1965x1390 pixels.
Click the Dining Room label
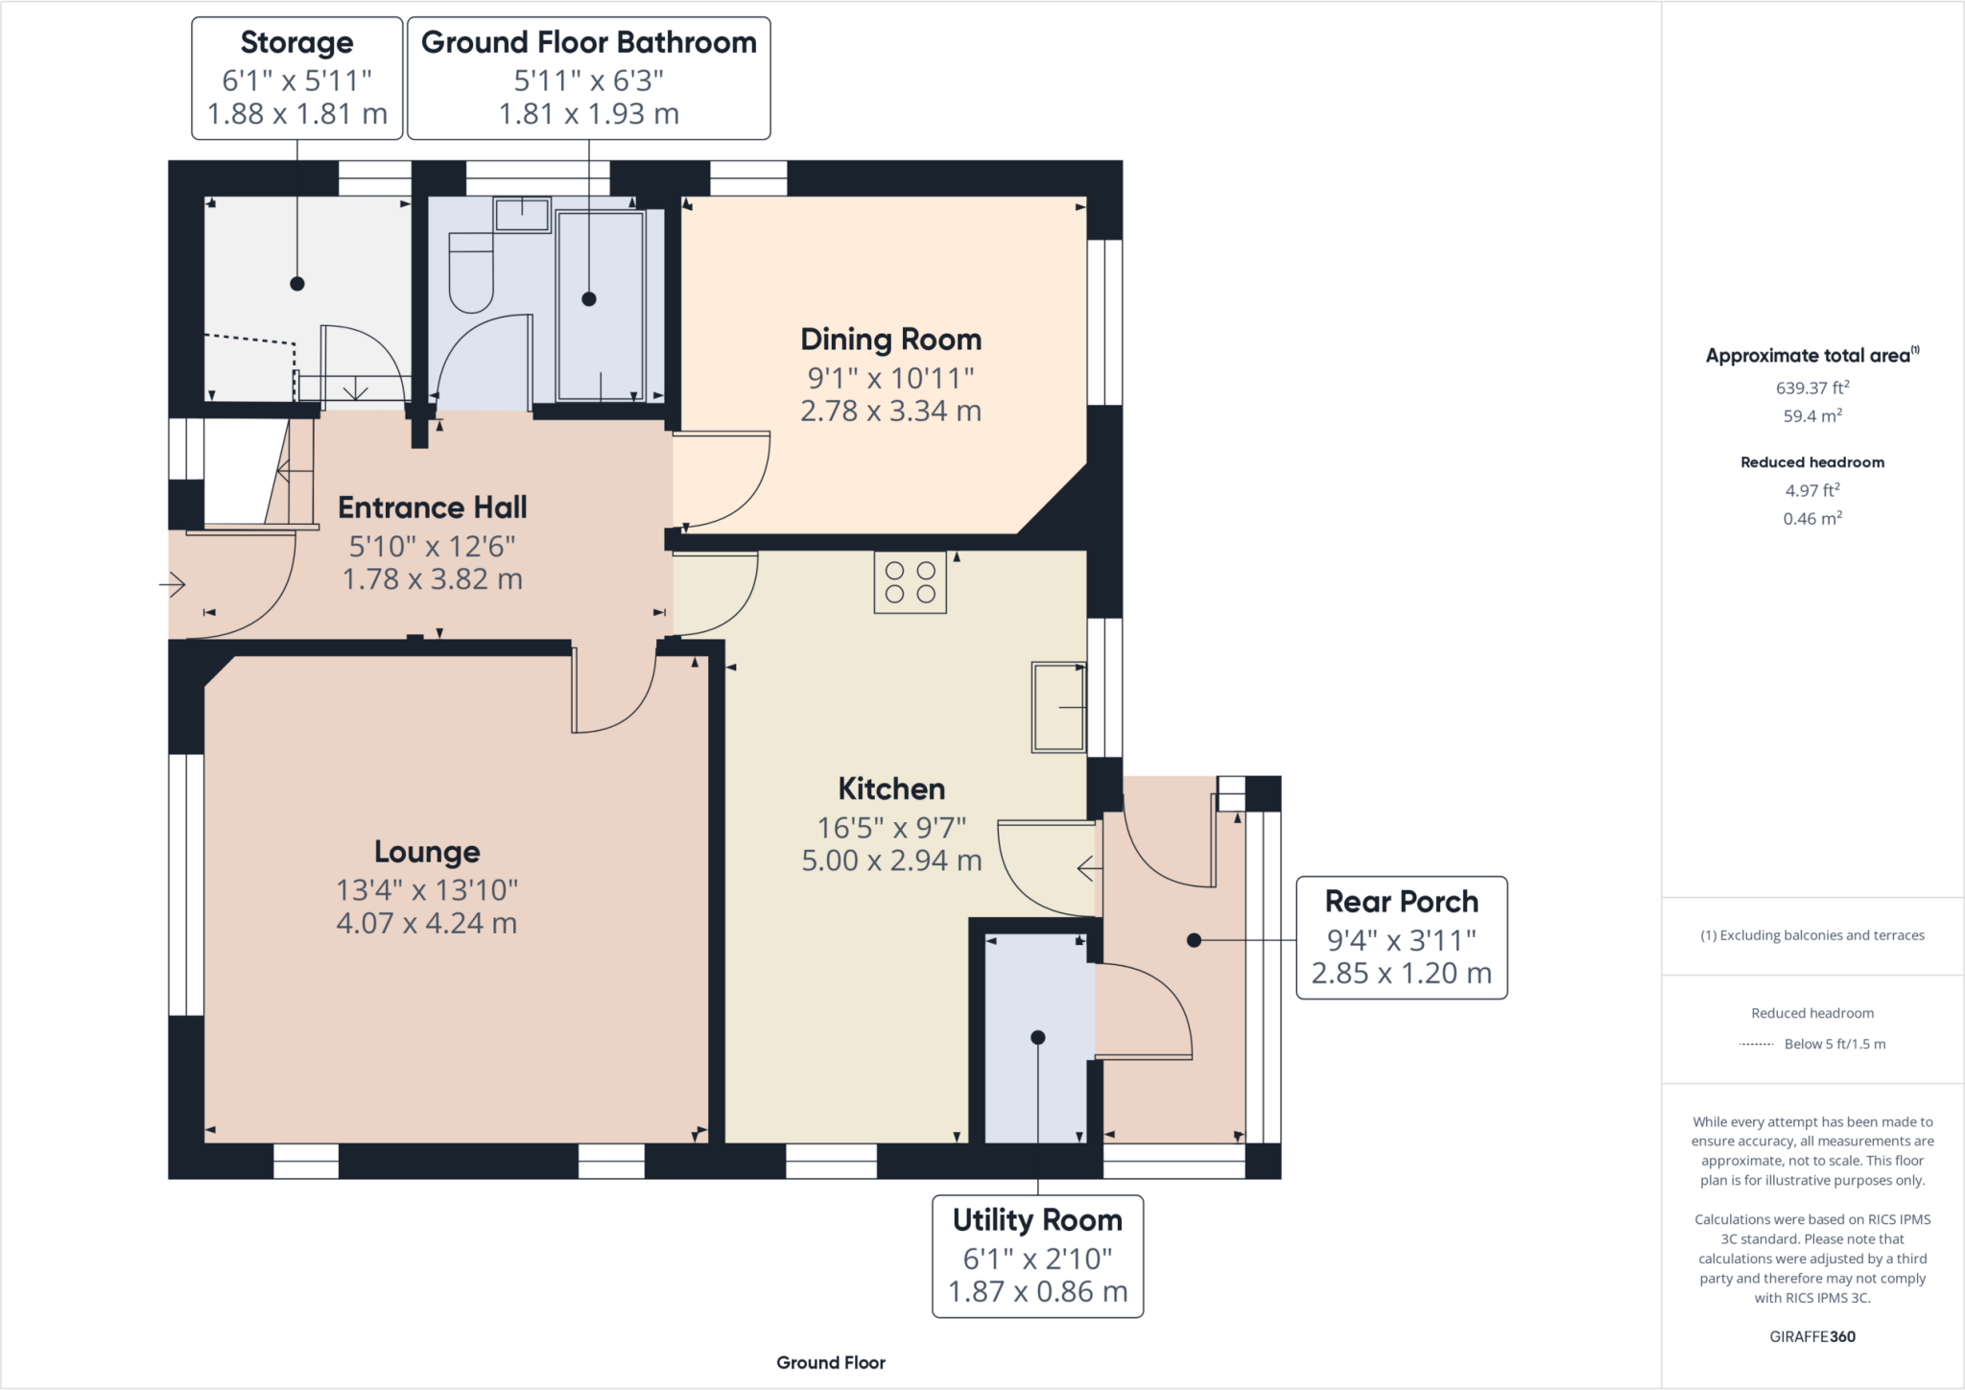tap(890, 340)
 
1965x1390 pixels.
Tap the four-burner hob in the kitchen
tap(910, 582)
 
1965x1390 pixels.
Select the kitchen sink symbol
tap(1058, 707)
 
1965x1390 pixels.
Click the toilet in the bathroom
tap(470, 272)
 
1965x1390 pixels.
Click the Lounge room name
tap(427, 852)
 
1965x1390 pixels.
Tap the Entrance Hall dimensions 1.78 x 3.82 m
tap(432, 579)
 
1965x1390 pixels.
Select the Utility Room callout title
tap(1037, 1220)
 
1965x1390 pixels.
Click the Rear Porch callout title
tap(1401, 902)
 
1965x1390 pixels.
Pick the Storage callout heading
tap(296, 43)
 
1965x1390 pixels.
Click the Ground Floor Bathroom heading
tap(588, 43)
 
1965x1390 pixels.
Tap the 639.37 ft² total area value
tap(1811, 388)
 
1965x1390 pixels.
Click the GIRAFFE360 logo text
tap(1811, 1336)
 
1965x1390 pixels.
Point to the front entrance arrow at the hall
tap(174, 583)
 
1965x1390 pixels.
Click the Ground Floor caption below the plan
tap(830, 1362)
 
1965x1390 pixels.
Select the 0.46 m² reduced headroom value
tap(1811, 519)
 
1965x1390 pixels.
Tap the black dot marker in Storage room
tap(297, 284)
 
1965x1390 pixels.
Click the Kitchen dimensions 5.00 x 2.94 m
tap(891, 860)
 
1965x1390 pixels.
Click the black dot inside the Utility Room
tap(1037, 1038)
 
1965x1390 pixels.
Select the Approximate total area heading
tap(1811, 356)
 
